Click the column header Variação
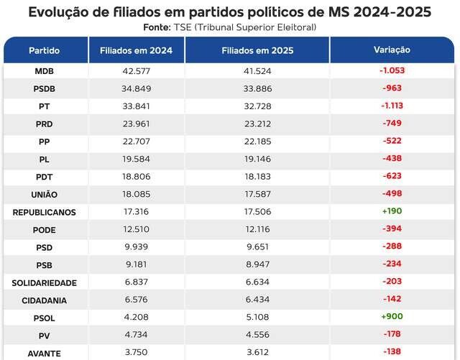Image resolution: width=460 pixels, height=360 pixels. pyautogui.click(x=392, y=50)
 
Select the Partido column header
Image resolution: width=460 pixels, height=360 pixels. pyautogui.click(x=45, y=51)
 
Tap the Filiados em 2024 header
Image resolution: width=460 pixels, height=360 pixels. pyautogui.click(x=136, y=51)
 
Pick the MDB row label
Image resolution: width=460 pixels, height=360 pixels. pyautogui.click(x=45, y=72)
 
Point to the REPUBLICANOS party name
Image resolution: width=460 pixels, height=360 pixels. pyautogui.click(x=45, y=213)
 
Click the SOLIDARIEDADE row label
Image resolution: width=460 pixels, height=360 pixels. pyautogui.click(x=45, y=283)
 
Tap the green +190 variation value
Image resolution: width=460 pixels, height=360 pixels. pyautogui.click(x=392, y=212)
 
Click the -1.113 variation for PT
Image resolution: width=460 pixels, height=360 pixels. pyautogui.click(x=392, y=106)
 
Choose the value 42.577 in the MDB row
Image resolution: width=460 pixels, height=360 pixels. pyautogui.click(x=136, y=72)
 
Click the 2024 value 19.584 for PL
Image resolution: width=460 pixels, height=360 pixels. pyautogui.click(x=136, y=160)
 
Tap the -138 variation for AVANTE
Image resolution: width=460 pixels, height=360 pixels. pyautogui.click(x=392, y=353)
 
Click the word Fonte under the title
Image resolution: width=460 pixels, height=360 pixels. pyautogui.click(x=157, y=27)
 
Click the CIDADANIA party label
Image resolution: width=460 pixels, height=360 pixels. pyautogui.click(x=45, y=300)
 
